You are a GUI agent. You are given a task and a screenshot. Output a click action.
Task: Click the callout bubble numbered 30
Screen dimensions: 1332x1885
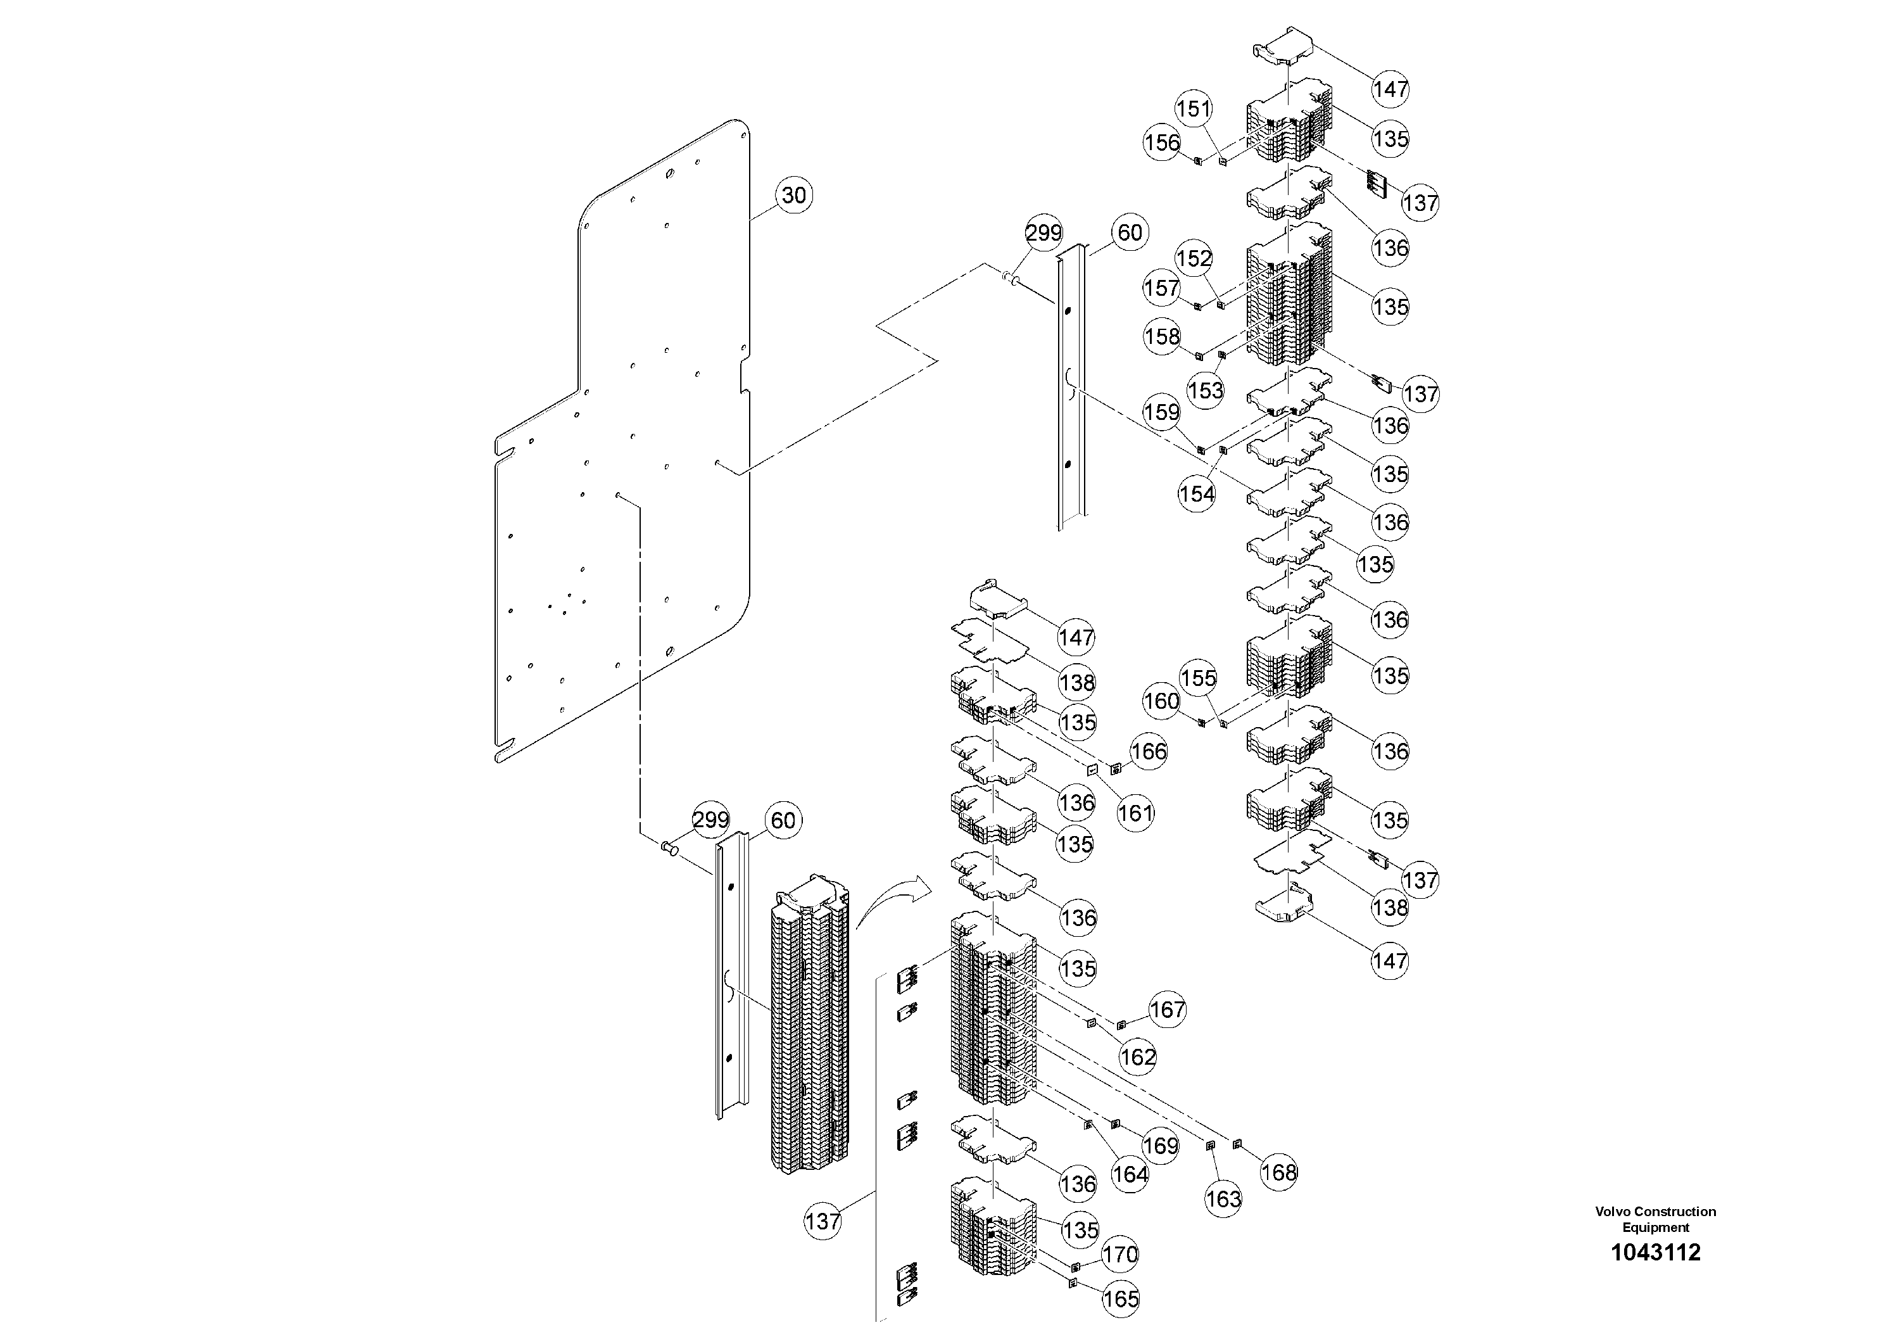[793, 196]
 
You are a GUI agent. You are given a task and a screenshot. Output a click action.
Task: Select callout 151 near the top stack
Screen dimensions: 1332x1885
[1194, 108]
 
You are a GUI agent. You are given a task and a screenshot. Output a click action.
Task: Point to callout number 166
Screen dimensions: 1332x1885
[1149, 751]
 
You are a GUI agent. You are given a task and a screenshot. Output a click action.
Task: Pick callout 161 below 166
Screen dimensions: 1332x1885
[1135, 813]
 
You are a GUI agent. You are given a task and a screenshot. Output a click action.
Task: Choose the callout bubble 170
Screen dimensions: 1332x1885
[1120, 1255]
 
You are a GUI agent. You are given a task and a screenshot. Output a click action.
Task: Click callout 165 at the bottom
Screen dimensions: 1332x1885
[1121, 1298]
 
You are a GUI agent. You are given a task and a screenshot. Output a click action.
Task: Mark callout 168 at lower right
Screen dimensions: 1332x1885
[1278, 1172]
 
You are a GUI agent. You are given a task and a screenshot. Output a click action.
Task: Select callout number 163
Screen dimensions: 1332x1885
[1223, 1199]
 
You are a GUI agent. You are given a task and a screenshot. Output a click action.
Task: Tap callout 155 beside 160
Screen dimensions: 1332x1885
[1198, 678]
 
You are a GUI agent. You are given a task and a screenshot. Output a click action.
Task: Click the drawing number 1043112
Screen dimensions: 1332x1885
[1655, 1252]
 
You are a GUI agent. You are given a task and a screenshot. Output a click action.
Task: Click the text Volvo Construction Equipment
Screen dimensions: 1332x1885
[1655, 1219]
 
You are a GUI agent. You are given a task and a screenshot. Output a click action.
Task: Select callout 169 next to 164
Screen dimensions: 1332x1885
[1160, 1146]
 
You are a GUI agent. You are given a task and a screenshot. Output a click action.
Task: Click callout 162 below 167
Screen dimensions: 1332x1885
[1138, 1057]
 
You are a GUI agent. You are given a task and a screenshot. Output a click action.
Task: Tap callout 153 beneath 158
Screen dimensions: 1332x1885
[1205, 390]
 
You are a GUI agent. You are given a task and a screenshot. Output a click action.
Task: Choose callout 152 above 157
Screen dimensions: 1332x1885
[1194, 258]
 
